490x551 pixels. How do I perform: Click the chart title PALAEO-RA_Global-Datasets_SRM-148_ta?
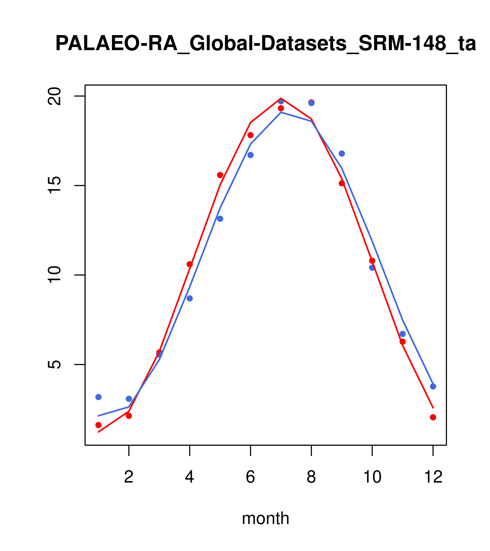266,44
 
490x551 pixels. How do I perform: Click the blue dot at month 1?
98,397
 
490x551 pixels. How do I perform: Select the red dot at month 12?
433,417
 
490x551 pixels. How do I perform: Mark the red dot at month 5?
220,175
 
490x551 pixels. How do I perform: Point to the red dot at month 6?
251,135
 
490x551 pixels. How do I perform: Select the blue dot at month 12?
433,386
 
